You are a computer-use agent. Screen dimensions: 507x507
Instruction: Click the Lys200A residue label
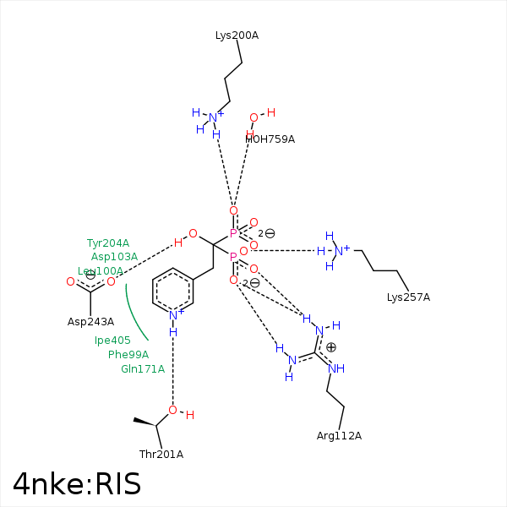tap(237, 35)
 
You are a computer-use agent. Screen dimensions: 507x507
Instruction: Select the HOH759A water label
tap(270, 139)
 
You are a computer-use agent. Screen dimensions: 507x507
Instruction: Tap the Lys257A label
tap(408, 297)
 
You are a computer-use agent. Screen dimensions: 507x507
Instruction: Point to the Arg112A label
tap(339, 436)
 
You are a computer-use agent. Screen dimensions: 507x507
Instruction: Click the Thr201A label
tap(161, 455)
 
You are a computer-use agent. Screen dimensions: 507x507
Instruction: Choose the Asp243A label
tap(90, 322)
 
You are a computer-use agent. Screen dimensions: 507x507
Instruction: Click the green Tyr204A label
tap(108, 243)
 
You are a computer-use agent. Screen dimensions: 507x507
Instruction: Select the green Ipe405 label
tap(112, 341)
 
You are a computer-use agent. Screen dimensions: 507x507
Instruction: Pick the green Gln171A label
tap(143, 369)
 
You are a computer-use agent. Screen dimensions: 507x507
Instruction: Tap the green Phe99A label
tap(128, 355)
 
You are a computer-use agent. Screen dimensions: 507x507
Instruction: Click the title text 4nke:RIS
tap(77, 484)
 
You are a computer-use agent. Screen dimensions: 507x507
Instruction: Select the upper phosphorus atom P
tap(233, 233)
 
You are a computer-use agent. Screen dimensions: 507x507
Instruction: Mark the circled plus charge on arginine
tap(331, 347)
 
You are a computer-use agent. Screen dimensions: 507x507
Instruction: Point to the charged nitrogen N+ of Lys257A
tap(340, 250)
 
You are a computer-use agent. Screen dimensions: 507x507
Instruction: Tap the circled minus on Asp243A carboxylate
tap(90, 275)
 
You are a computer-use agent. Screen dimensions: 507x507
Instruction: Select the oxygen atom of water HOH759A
tap(253, 117)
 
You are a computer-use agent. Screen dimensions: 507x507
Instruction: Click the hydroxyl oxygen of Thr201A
tap(172, 411)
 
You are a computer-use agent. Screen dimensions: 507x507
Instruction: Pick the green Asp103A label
tap(114, 257)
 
